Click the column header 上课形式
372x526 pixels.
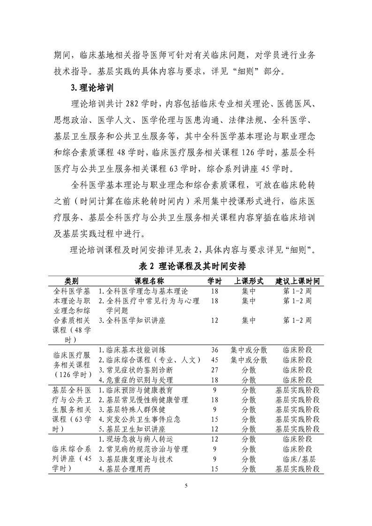point(249,280)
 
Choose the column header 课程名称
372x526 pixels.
point(149,280)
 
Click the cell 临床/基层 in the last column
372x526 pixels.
point(297,459)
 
